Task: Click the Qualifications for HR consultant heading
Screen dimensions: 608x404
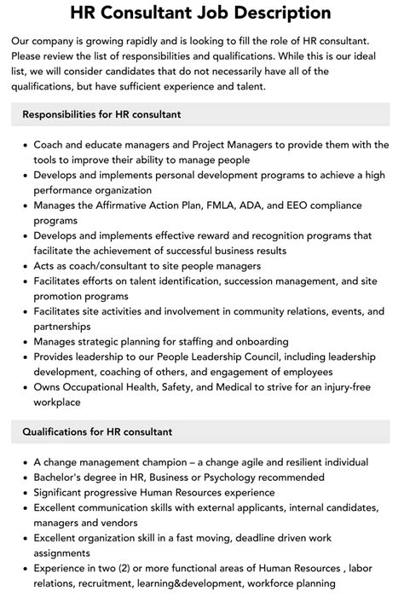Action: pyautogui.click(x=97, y=431)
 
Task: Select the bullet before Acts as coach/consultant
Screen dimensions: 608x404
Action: pyautogui.click(x=25, y=266)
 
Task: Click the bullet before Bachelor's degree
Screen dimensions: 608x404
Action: pyautogui.click(x=25, y=478)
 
